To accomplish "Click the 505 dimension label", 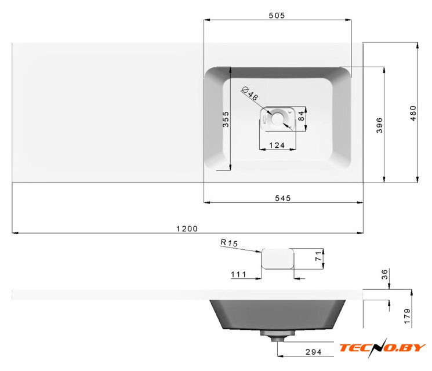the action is (x=277, y=16).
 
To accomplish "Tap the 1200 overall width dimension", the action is (x=187, y=228).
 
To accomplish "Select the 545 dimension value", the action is (x=283, y=198).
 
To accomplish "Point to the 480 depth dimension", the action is (x=413, y=113).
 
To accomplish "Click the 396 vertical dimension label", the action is (x=379, y=125).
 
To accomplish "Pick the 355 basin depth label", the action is (x=226, y=119).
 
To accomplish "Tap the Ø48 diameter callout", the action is (x=250, y=94).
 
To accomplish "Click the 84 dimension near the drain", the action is (x=302, y=117).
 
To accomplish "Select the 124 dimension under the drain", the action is (x=277, y=145).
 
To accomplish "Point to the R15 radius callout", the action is (x=229, y=243).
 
